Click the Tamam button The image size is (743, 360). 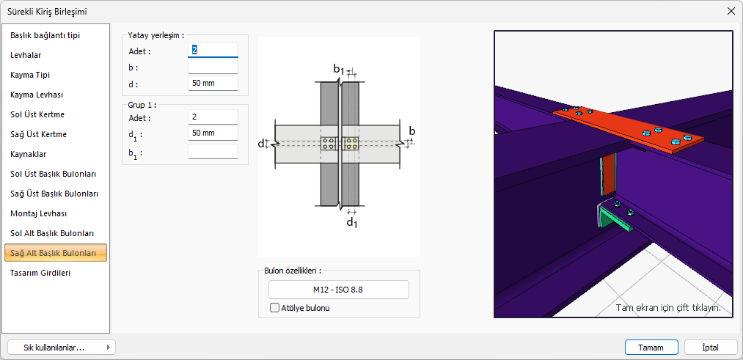651,348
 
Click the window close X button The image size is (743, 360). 731,12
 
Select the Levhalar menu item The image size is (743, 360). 26,55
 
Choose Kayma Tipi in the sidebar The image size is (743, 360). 30,75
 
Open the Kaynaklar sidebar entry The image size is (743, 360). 29,154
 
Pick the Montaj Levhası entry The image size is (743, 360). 38,213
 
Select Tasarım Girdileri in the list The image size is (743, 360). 40,273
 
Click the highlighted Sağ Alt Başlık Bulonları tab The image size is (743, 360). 56,253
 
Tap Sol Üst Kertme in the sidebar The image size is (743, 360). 37,114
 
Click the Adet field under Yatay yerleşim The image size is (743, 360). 213,50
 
